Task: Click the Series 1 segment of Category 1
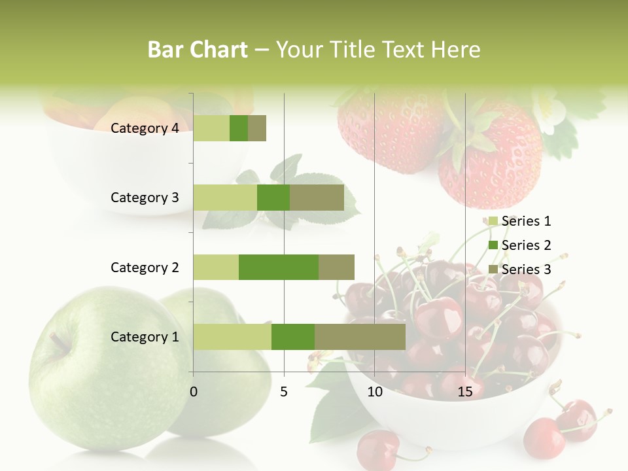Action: click(x=232, y=337)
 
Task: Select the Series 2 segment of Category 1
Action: click(x=293, y=337)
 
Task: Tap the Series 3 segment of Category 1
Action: click(x=360, y=337)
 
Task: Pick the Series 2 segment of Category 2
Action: click(x=279, y=267)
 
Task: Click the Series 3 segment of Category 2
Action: click(x=336, y=267)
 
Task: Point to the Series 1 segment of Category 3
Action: click(x=225, y=198)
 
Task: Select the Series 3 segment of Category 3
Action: click(x=317, y=198)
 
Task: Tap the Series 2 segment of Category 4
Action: click(x=239, y=128)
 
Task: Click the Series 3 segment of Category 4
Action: click(x=257, y=128)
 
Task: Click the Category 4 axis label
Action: click(x=145, y=128)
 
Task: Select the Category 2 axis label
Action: click(x=145, y=267)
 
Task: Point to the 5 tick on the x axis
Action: click(x=284, y=392)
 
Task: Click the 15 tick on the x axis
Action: click(x=465, y=392)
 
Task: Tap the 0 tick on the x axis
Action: click(x=194, y=392)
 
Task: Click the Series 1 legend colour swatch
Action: click(x=493, y=221)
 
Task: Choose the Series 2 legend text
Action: click(x=526, y=245)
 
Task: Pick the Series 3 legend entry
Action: click(x=520, y=270)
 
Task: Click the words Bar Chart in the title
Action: click(x=198, y=49)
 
